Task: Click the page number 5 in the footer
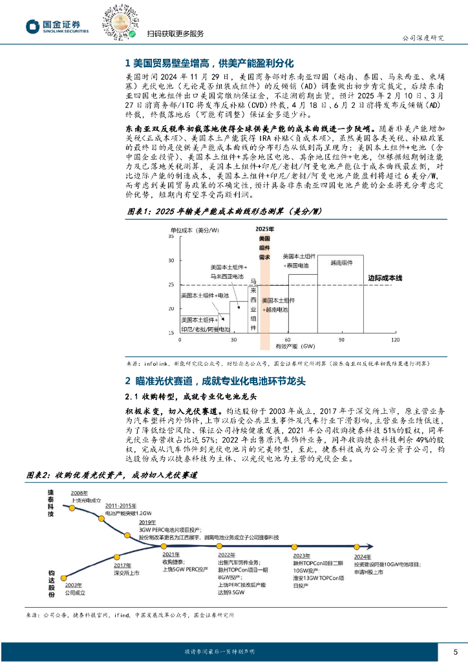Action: point(455,651)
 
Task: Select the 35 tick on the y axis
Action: point(171,237)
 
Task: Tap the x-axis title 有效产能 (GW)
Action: point(297,346)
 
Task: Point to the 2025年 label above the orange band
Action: point(264,230)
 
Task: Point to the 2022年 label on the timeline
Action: point(227,555)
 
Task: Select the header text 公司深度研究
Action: point(423,37)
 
